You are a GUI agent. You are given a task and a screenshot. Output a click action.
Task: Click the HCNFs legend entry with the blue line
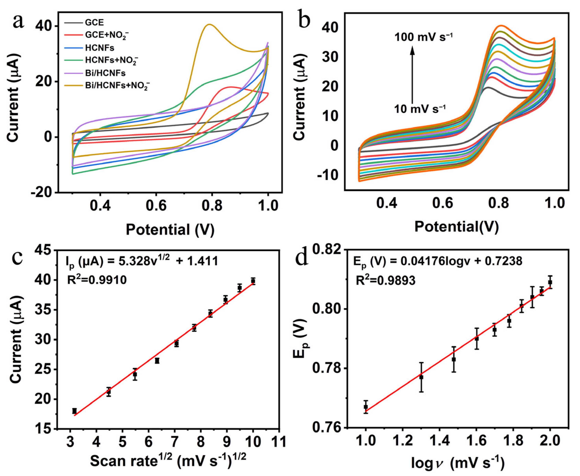point(99,48)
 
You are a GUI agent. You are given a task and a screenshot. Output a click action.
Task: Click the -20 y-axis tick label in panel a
point(42,193)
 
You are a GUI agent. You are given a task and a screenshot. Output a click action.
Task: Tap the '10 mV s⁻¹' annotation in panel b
point(420,109)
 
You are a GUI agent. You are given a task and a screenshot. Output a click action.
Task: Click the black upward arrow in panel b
point(412,74)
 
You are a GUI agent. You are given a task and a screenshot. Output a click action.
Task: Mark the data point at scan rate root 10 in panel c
point(253,281)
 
